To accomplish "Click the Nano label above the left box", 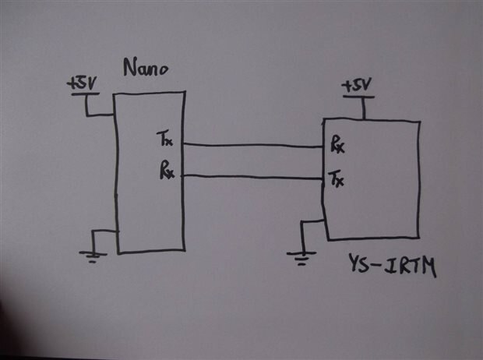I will tap(146, 69).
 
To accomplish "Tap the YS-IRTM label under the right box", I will tap(392, 269).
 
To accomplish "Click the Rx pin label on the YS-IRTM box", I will tap(337, 145).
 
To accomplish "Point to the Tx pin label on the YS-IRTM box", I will tap(337, 181).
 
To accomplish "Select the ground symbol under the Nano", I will tap(93, 254).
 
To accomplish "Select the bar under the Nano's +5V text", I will tap(84, 94).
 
